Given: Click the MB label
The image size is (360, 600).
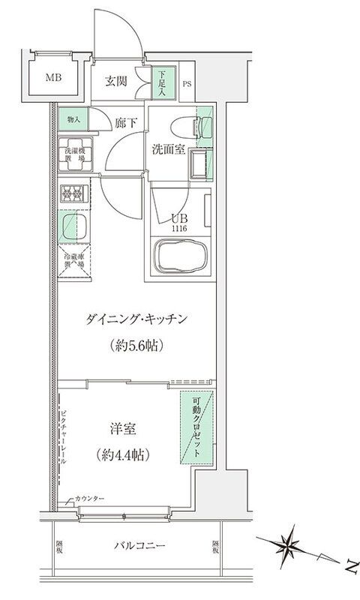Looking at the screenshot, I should click(52, 76).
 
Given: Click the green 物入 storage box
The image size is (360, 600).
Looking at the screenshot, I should click(74, 119).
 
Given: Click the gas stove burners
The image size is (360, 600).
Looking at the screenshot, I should click(73, 193).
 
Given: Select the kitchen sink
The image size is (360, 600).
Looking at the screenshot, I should click(73, 226).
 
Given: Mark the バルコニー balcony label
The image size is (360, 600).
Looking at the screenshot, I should click(140, 545).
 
